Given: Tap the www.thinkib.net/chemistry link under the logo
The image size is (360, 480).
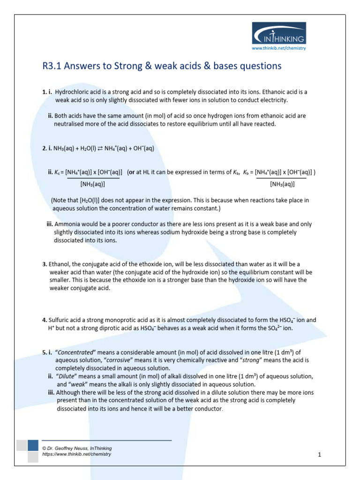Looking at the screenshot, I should tap(279, 48).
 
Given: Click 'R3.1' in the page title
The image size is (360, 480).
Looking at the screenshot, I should tap(52, 66).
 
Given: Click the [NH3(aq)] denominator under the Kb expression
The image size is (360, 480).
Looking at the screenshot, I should tap(282, 184).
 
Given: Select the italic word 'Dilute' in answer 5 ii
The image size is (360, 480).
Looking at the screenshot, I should tap(67, 376).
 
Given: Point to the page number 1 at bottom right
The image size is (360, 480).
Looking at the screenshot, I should tap(319, 455).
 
